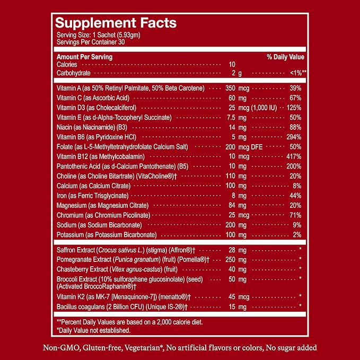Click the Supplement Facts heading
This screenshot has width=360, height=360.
116,23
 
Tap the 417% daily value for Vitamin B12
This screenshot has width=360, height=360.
294,156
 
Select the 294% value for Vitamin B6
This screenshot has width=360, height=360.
294,137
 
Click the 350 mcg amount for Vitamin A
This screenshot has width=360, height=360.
238,89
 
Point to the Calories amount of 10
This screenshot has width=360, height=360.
232,65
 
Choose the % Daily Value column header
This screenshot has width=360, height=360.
285,57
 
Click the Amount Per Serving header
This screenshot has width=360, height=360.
84,57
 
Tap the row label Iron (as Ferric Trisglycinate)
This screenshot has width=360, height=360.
93,196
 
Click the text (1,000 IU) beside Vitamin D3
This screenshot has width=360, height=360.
264,108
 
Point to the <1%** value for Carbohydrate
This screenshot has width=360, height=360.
298,73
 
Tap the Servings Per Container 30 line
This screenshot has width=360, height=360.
91,42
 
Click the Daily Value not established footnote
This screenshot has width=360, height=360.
93,330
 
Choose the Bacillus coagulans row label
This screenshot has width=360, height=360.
122,307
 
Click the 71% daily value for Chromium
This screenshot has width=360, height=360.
295,215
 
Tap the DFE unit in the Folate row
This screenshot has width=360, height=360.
257,147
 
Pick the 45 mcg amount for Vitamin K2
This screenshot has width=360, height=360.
239,297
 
